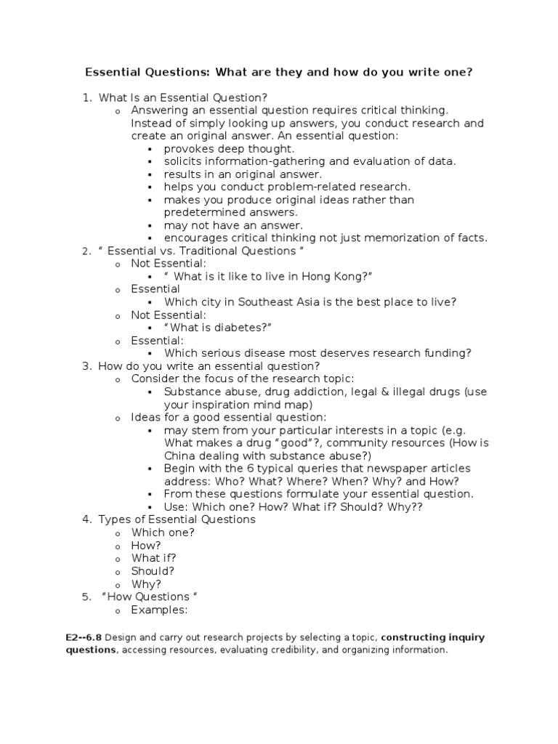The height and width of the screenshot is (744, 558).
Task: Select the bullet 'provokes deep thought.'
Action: pyautogui.click(x=219, y=148)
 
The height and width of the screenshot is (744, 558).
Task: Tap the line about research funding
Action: pyautogui.click(x=318, y=353)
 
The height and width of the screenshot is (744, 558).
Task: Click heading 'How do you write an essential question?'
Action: pyautogui.click(x=209, y=366)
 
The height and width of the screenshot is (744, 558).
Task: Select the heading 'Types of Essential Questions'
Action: pyautogui.click(x=177, y=519)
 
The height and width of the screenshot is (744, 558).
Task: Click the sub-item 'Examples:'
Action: pyautogui.click(x=159, y=610)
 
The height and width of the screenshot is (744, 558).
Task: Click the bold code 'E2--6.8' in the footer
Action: pyautogui.click(x=83, y=637)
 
